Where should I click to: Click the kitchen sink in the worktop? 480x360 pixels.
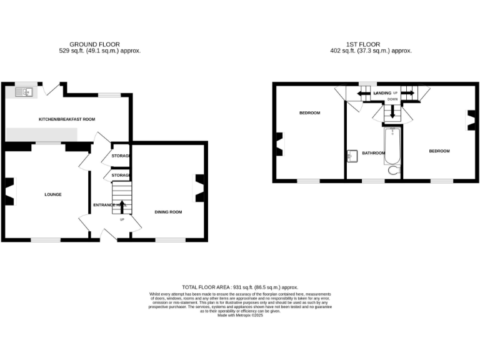[26, 92]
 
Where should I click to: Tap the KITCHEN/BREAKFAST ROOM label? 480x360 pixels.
[67, 119]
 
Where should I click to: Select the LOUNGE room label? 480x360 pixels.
[53, 194]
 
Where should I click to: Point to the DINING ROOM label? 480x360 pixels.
[168, 212]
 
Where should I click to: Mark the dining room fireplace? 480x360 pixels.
[200, 187]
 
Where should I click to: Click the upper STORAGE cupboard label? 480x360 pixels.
[121, 156]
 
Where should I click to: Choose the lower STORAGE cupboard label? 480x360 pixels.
[121, 176]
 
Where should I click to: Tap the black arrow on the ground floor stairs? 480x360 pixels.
[122, 207]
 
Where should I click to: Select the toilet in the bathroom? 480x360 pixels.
[394, 170]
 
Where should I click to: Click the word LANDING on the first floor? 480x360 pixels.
[382, 93]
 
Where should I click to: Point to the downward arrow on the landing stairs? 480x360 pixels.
[392, 112]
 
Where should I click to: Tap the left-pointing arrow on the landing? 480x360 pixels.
[363, 94]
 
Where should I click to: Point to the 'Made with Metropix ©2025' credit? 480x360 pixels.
[240, 316]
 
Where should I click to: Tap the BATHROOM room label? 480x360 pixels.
[373, 152]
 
